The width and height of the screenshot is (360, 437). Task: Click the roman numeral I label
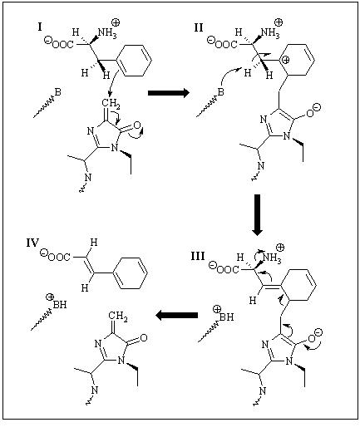(40, 27)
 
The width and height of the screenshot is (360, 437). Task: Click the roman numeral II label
(199, 28)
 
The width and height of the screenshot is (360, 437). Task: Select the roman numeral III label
(198, 256)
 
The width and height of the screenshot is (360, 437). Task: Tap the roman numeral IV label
(32, 243)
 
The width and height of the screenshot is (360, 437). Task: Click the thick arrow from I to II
(169, 93)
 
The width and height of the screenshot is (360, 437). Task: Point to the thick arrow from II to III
(257, 214)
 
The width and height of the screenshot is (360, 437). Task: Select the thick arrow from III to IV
(176, 315)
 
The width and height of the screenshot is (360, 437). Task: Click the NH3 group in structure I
(107, 33)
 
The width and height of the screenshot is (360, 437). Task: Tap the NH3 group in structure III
(272, 258)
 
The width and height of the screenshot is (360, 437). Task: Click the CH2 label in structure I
(111, 104)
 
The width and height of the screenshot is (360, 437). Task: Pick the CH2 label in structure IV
(118, 317)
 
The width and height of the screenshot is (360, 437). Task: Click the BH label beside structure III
(226, 317)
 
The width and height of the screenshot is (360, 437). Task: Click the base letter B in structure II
(220, 91)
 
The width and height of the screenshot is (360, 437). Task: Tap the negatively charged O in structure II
(310, 114)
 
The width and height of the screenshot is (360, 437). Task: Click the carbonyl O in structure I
(137, 125)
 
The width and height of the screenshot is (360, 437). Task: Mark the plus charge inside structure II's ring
(286, 60)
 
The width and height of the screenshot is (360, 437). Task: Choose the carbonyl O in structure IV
(144, 338)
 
